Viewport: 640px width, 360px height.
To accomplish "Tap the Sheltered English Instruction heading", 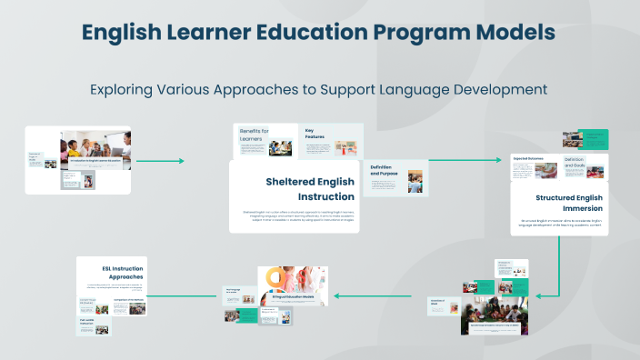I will tap(311, 188).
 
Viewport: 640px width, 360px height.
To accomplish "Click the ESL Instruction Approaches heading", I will tap(123, 270).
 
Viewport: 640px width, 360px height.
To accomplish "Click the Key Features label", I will tap(316, 135).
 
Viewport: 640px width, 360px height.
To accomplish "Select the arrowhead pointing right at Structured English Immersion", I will tap(498, 160).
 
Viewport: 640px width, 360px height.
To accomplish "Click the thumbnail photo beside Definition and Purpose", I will tap(415, 179).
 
